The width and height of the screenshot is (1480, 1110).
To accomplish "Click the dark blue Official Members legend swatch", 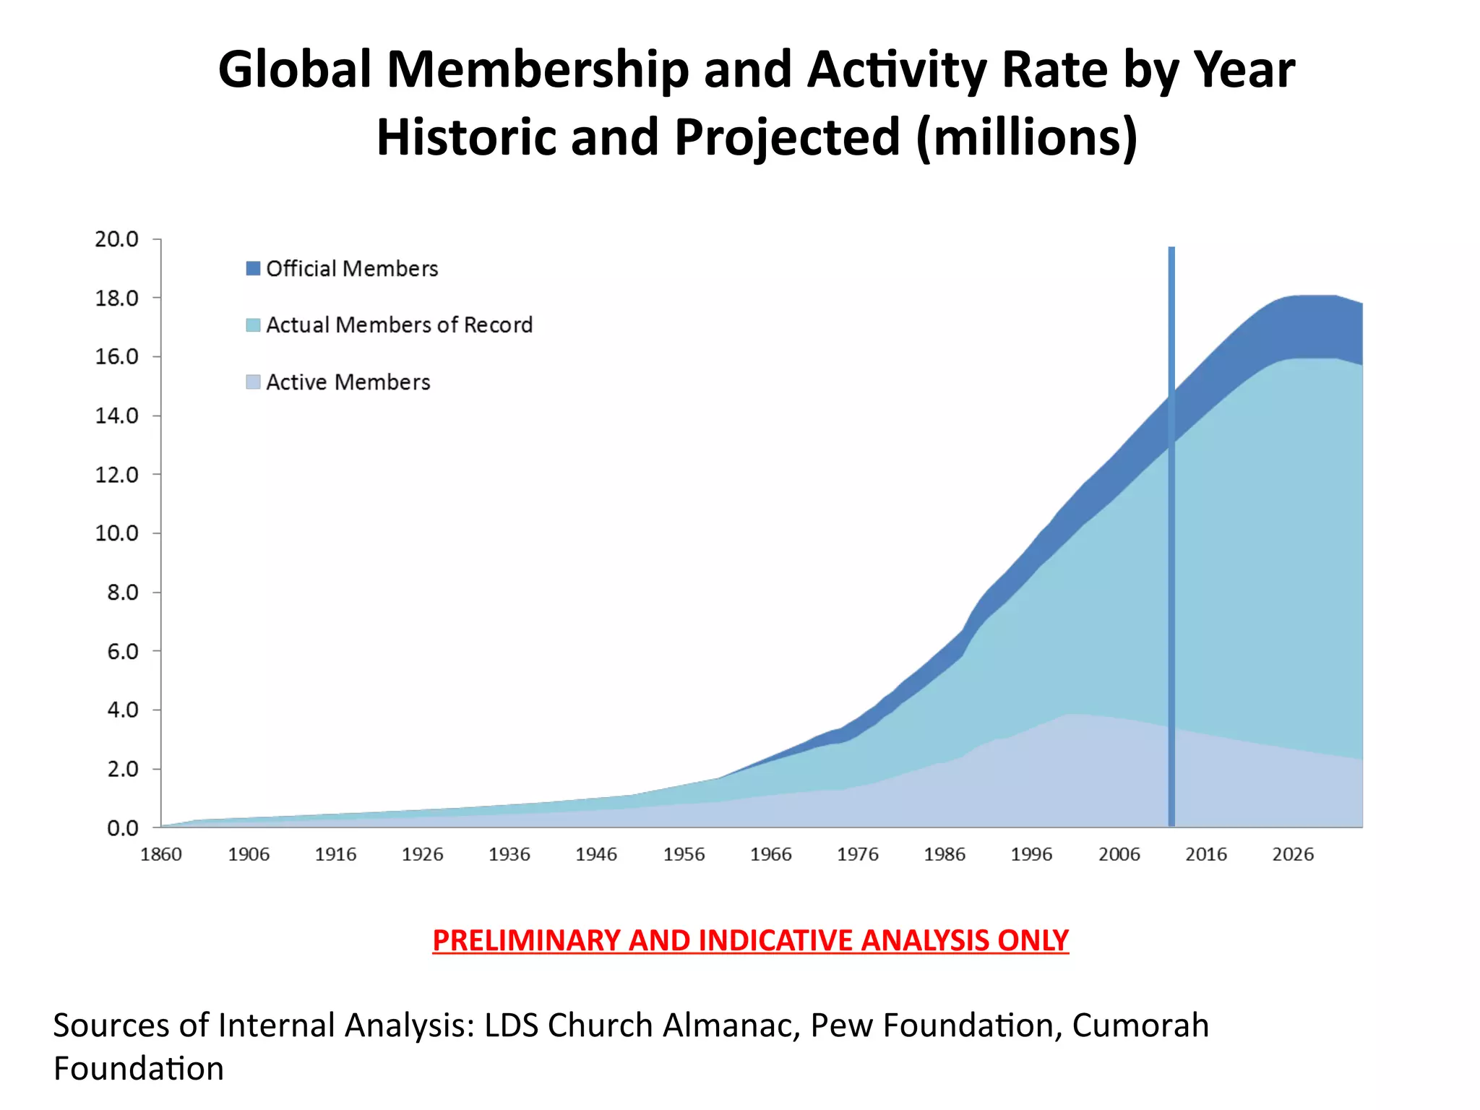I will point(253,269).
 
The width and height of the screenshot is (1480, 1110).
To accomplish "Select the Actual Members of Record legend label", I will point(399,325).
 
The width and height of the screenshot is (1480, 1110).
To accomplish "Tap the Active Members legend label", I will point(348,382).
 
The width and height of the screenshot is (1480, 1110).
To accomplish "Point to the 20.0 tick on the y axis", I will point(116,239).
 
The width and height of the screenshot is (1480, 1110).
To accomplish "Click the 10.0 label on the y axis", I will point(116,533).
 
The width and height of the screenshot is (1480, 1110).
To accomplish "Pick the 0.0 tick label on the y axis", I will point(123,828).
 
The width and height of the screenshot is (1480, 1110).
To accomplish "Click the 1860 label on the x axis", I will point(160,855).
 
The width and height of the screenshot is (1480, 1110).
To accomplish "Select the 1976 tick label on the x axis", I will point(857,855).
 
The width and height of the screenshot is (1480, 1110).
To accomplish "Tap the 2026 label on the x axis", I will point(1293,855).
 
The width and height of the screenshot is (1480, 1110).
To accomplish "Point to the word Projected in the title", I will point(787,137).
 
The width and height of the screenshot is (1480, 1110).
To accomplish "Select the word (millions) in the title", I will point(1026,137).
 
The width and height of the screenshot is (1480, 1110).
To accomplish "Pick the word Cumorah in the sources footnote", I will point(1140,1025).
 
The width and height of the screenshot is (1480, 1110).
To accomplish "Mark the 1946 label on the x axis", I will point(596,855).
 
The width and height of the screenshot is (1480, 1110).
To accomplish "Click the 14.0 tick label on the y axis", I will point(116,416).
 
